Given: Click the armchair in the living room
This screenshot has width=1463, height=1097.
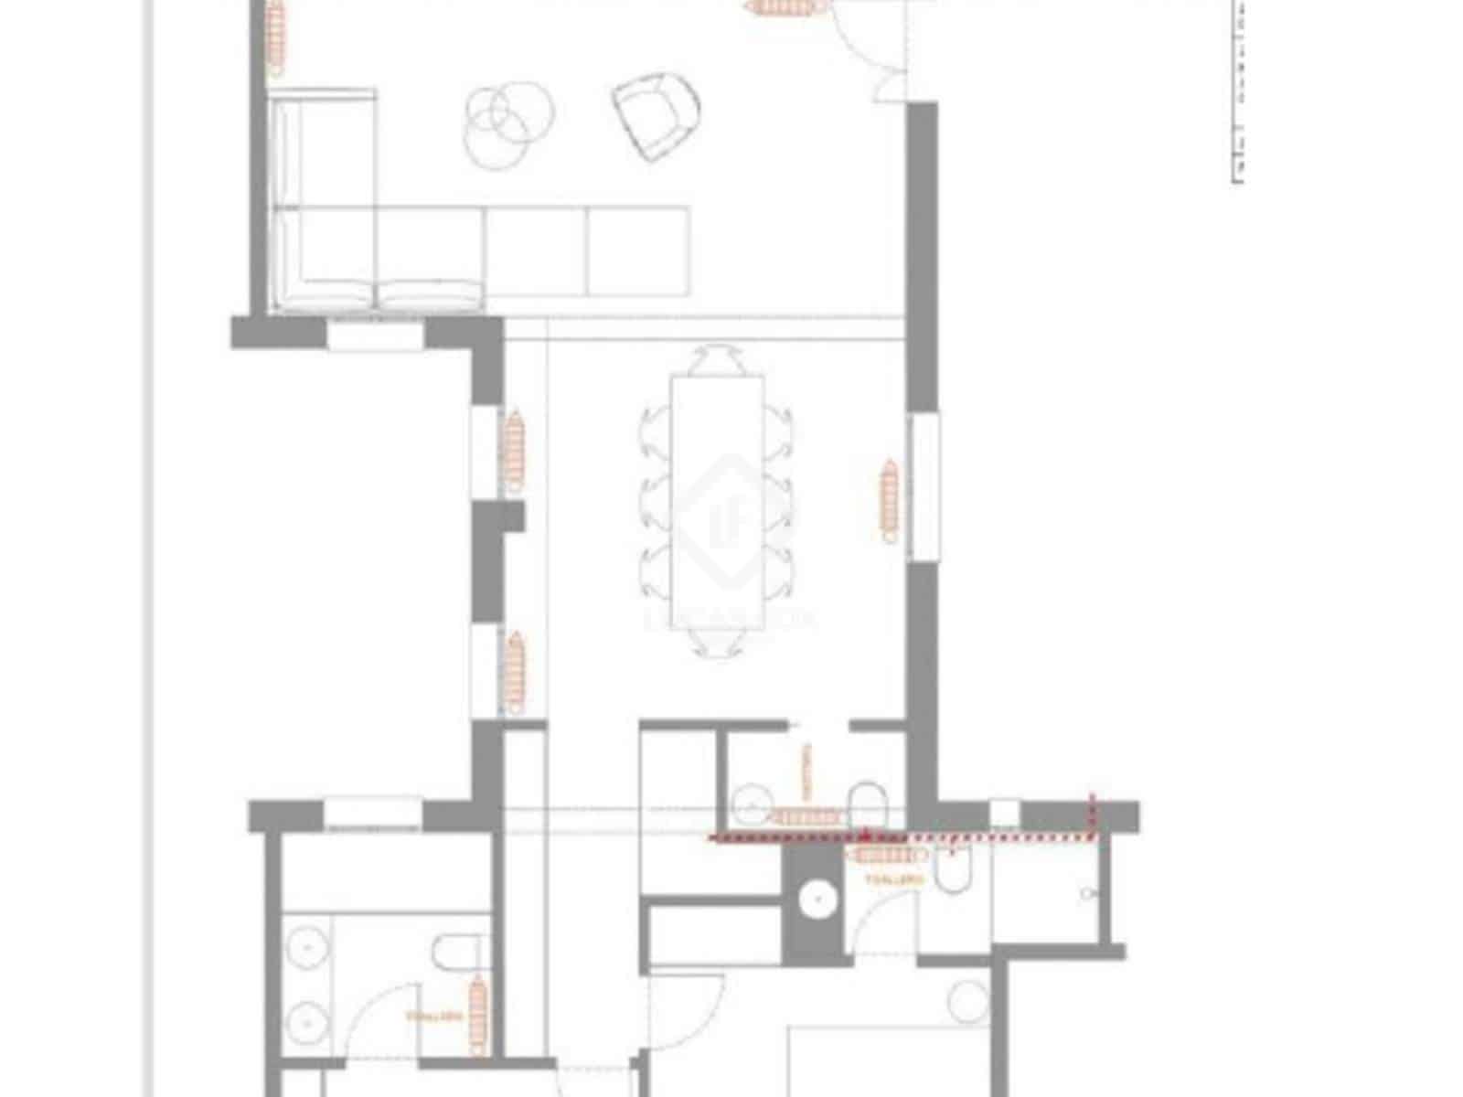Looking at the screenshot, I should (x=656, y=115).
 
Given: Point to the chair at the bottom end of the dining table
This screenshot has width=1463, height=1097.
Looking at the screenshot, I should (x=717, y=642).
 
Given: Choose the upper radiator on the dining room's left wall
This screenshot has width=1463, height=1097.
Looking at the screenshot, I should (x=514, y=450).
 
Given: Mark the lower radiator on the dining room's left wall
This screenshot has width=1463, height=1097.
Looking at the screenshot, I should (x=516, y=671).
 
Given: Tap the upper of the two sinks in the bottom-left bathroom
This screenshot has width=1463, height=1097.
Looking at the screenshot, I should (x=305, y=951).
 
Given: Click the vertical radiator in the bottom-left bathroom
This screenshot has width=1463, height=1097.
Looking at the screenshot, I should (x=476, y=1015).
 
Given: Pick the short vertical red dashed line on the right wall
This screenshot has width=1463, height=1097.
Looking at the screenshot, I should (x=1090, y=814).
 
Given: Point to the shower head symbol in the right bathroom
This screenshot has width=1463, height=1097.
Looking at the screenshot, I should (x=1086, y=893).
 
